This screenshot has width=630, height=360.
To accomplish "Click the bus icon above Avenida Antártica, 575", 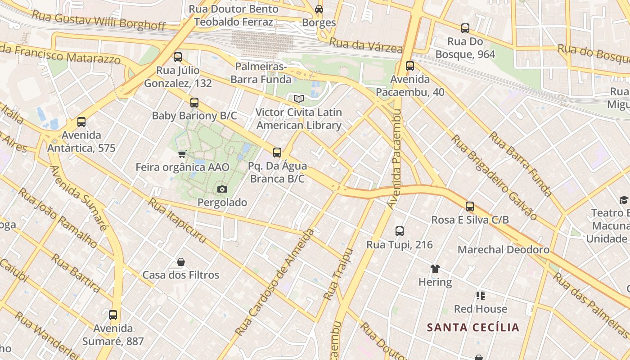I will [x=81, y=122].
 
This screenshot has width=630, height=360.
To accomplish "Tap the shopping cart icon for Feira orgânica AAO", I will [x=182, y=154].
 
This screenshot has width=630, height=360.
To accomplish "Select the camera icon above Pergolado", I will [x=222, y=189].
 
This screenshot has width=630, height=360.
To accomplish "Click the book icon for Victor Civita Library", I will [x=299, y=99].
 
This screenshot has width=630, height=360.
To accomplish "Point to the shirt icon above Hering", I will [x=435, y=269].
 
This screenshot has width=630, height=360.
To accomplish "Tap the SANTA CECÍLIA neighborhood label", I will [x=473, y=327].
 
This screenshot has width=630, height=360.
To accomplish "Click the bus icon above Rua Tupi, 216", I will [x=399, y=231].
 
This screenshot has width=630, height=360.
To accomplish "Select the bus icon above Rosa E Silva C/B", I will [x=470, y=207].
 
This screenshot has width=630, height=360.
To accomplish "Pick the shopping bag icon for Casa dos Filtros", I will [x=181, y=262].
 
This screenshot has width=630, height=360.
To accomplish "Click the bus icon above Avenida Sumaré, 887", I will [x=113, y=315].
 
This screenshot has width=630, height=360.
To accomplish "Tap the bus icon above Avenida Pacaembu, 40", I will [x=410, y=66].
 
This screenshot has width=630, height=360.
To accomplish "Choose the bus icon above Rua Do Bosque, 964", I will [x=465, y=28].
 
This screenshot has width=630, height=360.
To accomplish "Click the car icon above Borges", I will [x=319, y=9].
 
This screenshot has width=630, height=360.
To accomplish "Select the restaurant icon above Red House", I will [x=481, y=296].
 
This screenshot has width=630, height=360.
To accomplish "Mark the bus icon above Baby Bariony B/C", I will [x=194, y=103].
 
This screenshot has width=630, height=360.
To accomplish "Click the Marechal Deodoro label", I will [x=503, y=250].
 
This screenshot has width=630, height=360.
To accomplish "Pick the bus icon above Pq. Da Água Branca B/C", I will [x=277, y=153].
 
